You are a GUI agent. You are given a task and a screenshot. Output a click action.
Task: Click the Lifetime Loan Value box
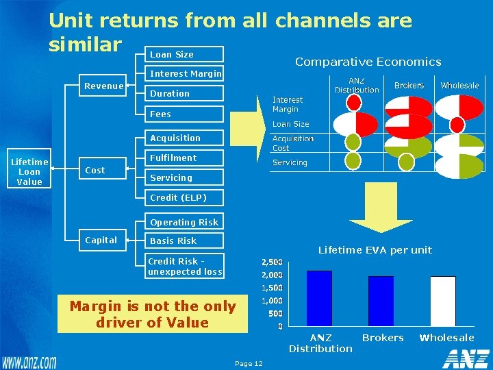click(x=29, y=171)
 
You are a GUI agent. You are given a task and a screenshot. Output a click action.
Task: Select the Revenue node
click(x=103, y=86)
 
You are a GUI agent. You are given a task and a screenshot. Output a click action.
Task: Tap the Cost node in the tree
click(x=94, y=171)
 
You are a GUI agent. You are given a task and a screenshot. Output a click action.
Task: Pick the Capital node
click(x=101, y=240)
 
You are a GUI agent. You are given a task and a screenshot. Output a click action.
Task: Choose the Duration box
click(x=186, y=93)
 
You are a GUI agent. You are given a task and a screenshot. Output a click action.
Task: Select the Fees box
click(x=186, y=114)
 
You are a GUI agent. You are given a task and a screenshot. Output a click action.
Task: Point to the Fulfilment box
click(x=186, y=158)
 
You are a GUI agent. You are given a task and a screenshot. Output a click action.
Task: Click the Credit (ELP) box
click(x=186, y=198)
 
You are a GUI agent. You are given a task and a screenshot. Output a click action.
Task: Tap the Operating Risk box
click(x=186, y=222)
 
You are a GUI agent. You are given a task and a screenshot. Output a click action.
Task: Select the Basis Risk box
click(x=186, y=241)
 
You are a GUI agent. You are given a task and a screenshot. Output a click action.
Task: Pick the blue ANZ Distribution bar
click(x=319, y=298)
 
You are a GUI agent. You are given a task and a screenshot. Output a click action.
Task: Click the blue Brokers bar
click(x=381, y=301)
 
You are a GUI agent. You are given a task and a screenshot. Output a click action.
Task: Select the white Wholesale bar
click(x=443, y=301)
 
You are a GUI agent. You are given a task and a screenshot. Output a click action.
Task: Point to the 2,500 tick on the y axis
click(x=273, y=262)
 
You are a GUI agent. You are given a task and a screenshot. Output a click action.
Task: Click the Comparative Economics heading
click(x=368, y=62)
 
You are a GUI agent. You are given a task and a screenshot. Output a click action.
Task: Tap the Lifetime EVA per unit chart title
click(x=375, y=250)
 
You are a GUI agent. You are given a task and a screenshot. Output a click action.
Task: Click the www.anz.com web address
click(x=29, y=361)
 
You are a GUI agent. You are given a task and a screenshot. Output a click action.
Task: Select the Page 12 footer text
click(x=248, y=363)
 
